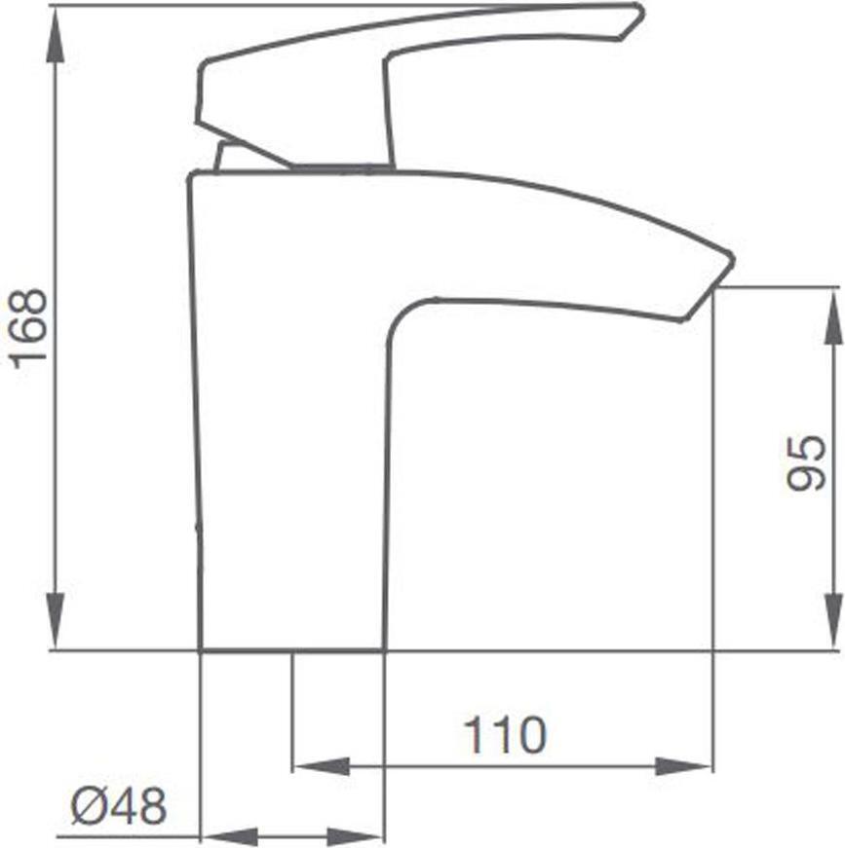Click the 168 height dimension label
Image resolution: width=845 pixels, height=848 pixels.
30,329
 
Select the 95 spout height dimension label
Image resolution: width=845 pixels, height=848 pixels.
807,462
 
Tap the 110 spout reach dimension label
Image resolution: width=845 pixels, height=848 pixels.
506,735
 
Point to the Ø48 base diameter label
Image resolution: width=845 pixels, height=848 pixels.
119,806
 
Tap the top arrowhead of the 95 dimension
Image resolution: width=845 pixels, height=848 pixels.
832,316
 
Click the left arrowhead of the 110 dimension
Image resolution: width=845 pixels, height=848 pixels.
321,766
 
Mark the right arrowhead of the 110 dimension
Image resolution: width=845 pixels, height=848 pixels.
683,766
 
